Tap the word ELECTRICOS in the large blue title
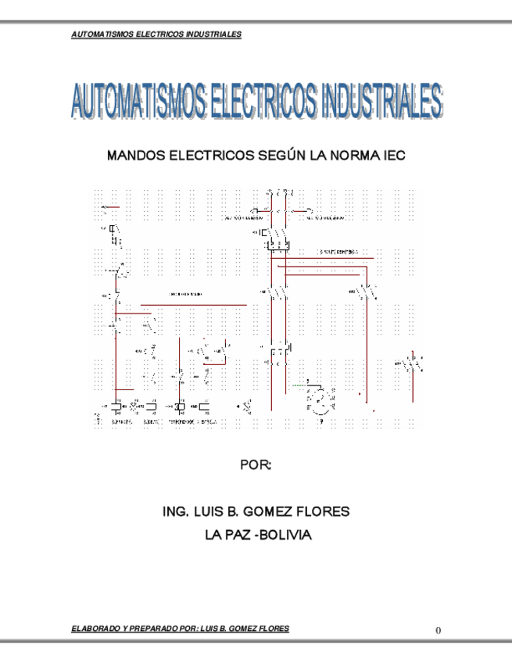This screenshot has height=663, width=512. coord(262,102)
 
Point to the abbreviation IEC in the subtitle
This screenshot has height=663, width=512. coord(393,156)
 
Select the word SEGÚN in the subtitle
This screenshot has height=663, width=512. coord(277,156)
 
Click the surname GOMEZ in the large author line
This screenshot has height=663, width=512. coord(270,512)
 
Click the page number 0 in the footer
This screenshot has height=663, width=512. coord(439,630)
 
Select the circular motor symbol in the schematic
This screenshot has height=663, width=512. coord(320,400)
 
